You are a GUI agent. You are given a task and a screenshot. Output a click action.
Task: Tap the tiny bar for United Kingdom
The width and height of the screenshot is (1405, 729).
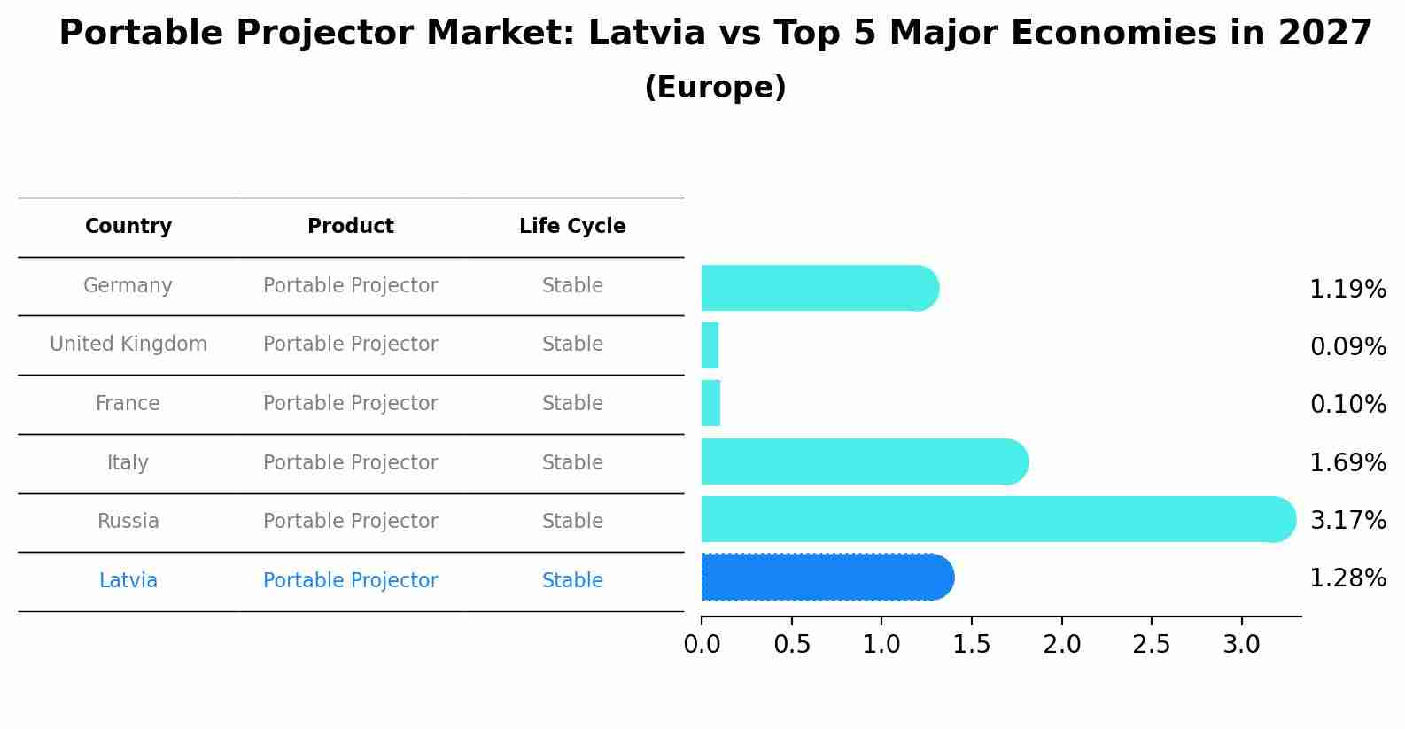710,345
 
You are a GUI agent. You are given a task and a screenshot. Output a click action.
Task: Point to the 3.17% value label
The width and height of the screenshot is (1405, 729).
1347,520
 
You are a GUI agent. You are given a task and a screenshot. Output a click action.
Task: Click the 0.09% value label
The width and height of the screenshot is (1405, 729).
1347,346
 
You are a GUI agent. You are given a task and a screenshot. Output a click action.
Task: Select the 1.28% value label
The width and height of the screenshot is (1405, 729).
1347,578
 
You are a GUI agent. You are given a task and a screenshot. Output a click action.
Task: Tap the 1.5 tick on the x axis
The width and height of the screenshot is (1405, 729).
971,645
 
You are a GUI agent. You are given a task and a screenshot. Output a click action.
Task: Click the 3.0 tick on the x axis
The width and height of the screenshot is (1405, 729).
1241,645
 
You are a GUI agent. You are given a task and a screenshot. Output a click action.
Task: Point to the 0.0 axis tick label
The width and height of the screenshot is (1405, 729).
702,645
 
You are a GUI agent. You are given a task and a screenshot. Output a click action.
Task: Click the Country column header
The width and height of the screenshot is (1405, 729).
128,227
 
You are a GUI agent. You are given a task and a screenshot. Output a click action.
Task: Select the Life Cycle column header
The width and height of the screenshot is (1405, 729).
572,227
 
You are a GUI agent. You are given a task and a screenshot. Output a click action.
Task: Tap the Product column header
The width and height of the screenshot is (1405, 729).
351,227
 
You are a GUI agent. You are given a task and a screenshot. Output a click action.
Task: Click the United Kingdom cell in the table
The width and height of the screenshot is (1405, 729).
128,345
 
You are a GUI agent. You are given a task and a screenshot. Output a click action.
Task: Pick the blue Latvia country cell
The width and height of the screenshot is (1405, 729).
128,581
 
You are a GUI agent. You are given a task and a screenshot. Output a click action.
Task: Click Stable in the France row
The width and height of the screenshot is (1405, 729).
572,404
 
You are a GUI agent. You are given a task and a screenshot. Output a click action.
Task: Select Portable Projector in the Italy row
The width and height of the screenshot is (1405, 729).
351,463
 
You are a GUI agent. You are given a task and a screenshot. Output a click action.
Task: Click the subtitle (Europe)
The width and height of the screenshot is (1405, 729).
715,88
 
